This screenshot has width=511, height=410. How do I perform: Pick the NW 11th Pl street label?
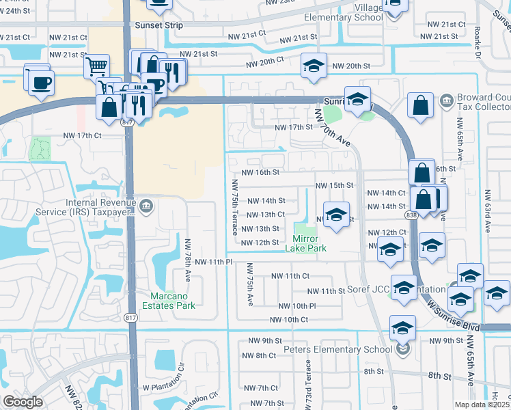pyautogui.click(x=214, y=262)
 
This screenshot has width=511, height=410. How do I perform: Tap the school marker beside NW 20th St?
pyautogui.click(x=314, y=67)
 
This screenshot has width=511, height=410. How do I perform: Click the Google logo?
pyautogui.click(x=23, y=402)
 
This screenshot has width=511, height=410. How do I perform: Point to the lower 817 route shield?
pyautogui.click(x=131, y=318)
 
